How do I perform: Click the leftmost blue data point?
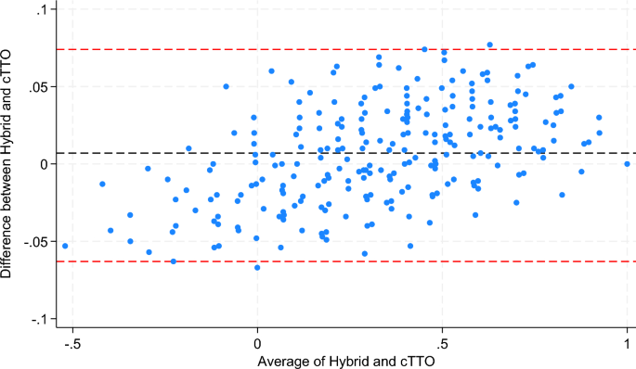point(65,246)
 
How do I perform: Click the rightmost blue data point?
point(627,164)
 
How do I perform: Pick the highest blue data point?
point(489,45)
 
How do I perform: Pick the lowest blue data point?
point(257,267)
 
